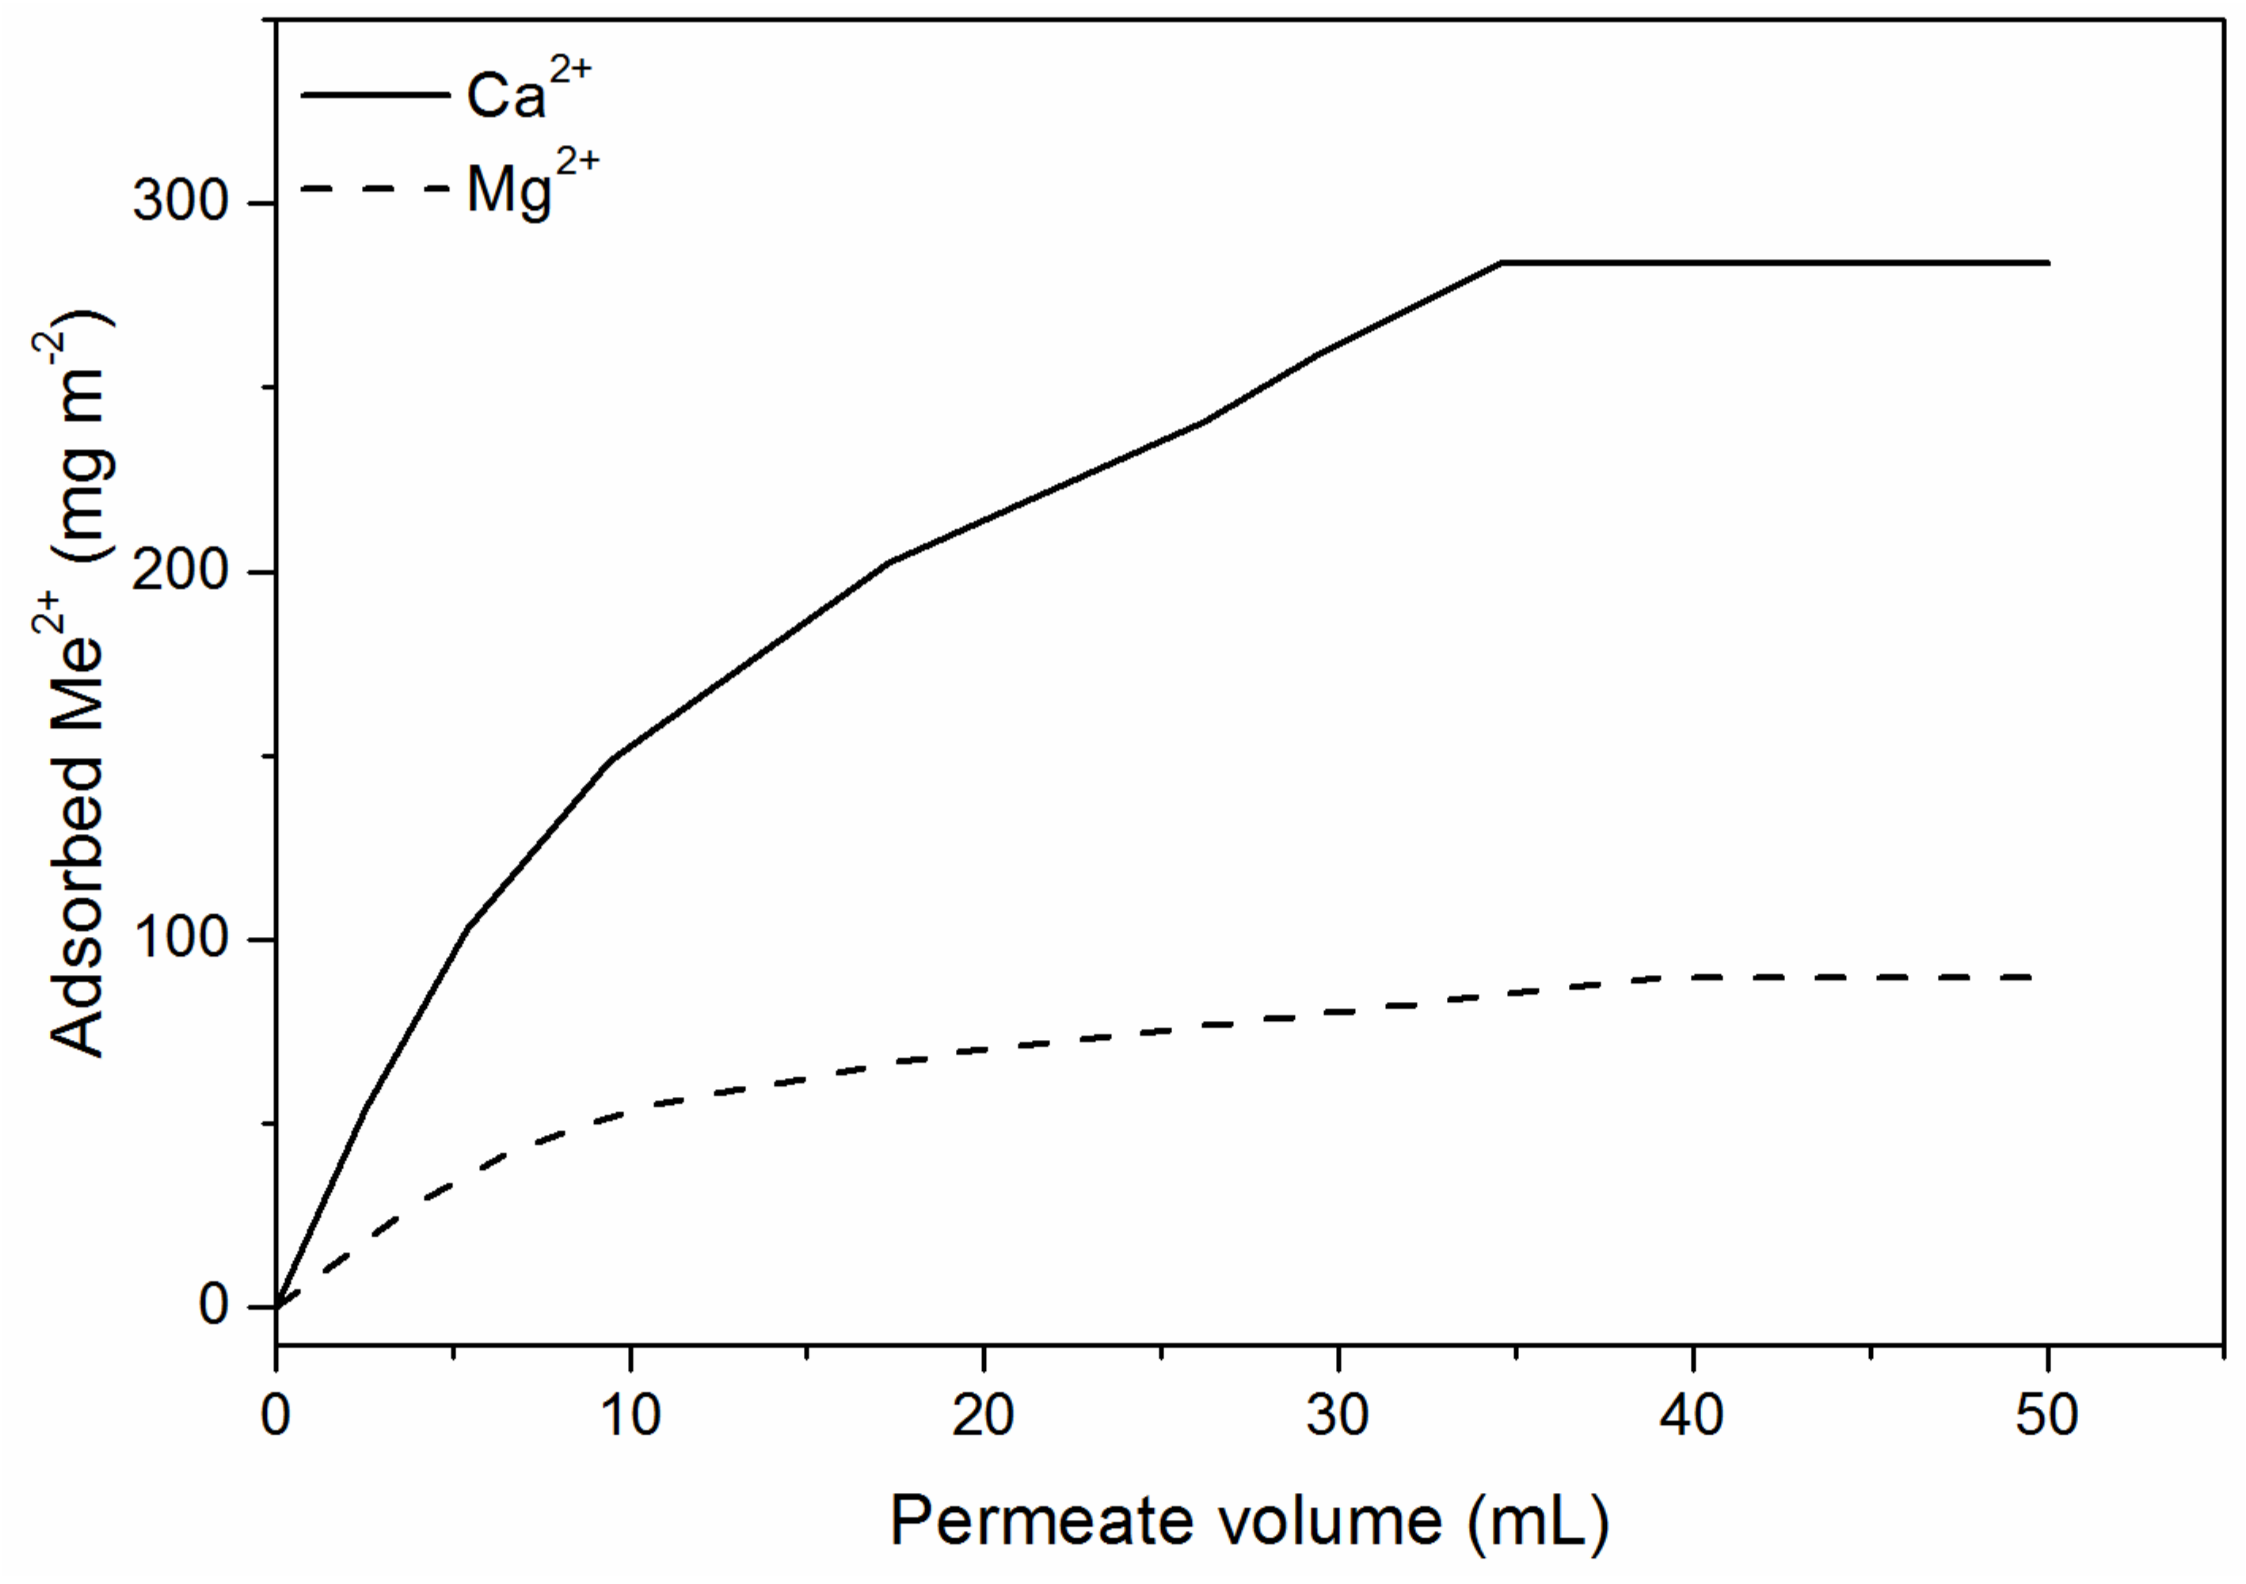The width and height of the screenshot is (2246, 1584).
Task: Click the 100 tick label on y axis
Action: coord(181,939)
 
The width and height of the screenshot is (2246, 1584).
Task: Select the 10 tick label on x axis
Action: coord(630,1416)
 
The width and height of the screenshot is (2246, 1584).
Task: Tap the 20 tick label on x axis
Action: coord(983,1416)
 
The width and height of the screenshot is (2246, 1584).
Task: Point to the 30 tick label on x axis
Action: coord(1338,1416)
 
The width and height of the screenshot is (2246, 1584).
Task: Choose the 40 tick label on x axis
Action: coord(1692,1416)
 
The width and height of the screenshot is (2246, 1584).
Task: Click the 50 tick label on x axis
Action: coord(2046,1416)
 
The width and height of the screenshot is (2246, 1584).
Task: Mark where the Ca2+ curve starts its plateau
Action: coord(1502,263)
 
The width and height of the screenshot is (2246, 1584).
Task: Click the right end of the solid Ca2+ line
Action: coord(2047,263)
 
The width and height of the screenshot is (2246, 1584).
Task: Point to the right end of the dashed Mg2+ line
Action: coord(2030,977)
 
